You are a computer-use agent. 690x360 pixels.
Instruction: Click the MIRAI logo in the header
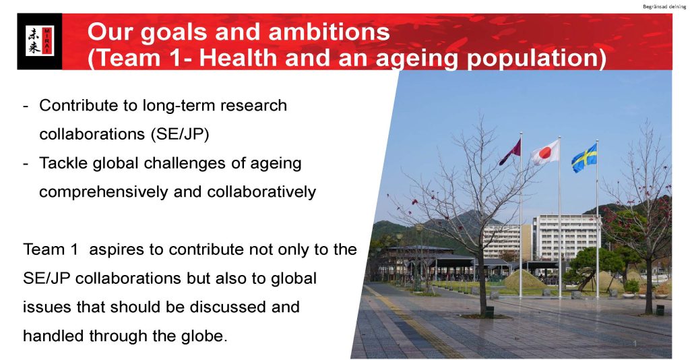(x=40, y=41)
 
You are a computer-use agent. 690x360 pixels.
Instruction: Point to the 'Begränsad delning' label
(x=664, y=7)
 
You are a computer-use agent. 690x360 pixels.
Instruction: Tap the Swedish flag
(x=584, y=158)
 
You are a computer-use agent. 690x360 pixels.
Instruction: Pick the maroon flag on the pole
(x=511, y=152)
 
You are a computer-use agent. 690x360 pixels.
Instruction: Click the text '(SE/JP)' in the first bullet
(x=179, y=134)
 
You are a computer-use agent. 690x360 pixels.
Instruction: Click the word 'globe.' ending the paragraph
(x=204, y=336)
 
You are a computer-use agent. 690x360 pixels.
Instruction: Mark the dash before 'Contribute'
(x=26, y=107)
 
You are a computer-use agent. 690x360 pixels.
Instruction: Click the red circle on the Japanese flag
(x=545, y=153)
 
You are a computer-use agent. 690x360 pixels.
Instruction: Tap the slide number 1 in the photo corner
(x=635, y=343)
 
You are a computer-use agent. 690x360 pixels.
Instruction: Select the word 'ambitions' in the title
(x=329, y=32)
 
